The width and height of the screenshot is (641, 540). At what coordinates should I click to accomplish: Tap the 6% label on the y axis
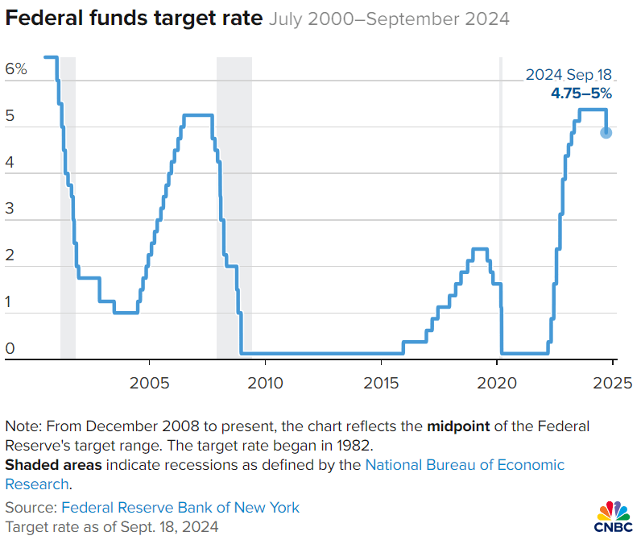tap(16, 69)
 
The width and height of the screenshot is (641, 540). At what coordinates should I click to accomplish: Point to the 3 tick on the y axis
tap(10, 210)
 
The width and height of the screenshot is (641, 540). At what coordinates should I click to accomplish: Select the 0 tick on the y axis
tap(10, 349)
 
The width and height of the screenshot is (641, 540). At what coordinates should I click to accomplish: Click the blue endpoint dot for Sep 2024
tap(606, 132)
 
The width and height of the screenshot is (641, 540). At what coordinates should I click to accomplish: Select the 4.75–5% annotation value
tap(581, 93)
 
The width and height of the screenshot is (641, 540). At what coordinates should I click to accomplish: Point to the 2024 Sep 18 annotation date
tap(569, 75)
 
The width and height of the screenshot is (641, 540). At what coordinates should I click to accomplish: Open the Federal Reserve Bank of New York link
tap(180, 508)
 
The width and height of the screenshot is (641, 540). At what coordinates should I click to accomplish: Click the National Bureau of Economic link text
tap(465, 465)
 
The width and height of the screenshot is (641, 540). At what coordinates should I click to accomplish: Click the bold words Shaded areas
tap(54, 465)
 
